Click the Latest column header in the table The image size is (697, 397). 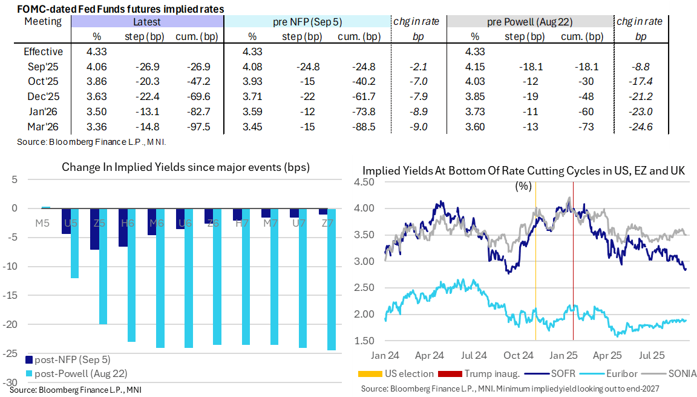[147, 22]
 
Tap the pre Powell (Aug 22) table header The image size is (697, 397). [530, 22]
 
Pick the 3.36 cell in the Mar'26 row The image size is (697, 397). [97, 126]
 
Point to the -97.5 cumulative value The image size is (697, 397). [197, 126]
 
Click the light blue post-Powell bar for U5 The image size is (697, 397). [75, 243]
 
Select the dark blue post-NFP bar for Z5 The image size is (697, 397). [94, 229]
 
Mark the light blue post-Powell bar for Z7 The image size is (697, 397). [331, 279]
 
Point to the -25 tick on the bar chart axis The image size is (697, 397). [13, 353]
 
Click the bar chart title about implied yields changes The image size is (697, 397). [185, 167]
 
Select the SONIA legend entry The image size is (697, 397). [674, 373]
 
